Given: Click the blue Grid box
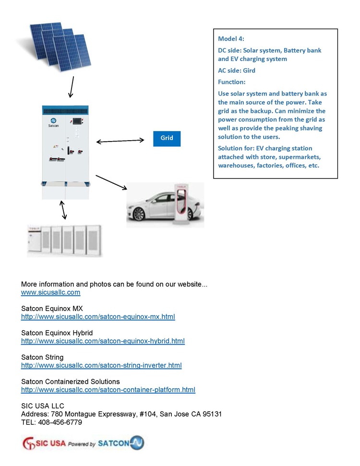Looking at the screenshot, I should coord(167,138).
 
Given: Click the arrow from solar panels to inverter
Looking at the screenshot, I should coord(72,87).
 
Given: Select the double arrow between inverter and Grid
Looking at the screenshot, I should coord(120,141).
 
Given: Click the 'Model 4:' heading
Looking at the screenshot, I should coord(231,39).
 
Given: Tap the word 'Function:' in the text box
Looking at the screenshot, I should coord(232,82).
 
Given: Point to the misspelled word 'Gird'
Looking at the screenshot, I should coord(249,71).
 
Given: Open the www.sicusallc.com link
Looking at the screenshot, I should coord(50,292).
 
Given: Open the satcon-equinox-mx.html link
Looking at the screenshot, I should coord(98,317).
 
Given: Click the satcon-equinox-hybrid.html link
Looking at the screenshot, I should coord(103,341).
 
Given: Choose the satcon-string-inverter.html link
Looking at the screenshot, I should coord(101,366).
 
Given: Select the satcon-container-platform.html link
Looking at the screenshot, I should coord(108,390).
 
